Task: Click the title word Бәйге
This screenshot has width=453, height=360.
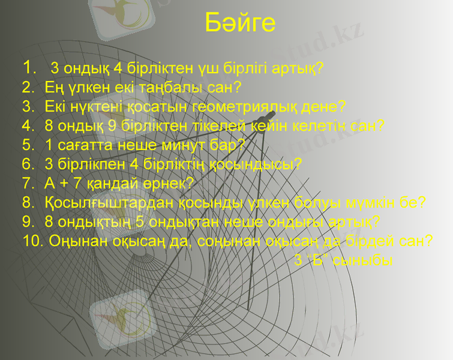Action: pyautogui.click(x=240, y=23)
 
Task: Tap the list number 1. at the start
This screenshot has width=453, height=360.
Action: pyautogui.click(x=30, y=66)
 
